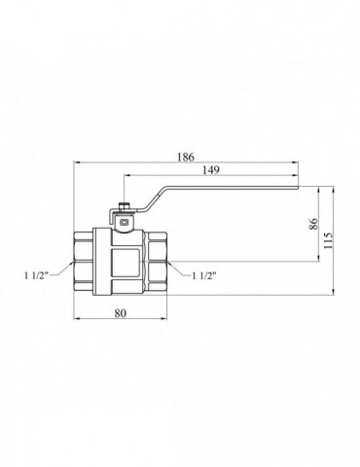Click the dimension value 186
tap(186, 157)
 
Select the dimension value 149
tap(211, 169)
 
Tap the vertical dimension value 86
tap(313, 224)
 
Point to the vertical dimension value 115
tap(328, 240)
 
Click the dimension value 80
tap(121, 313)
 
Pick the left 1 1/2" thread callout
tap(36, 275)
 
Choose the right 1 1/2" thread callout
tap(204, 275)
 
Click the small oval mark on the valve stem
tap(125, 223)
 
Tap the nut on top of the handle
tap(125, 206)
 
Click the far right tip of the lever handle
tap(298, 187)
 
